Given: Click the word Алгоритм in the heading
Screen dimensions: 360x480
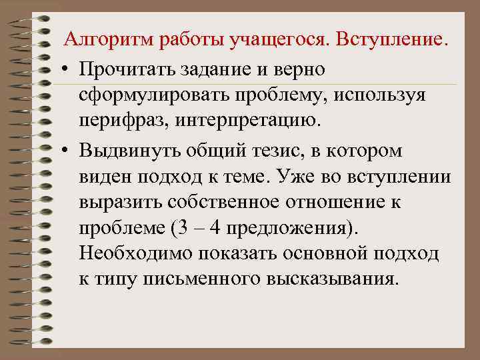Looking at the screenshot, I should coord(107,41).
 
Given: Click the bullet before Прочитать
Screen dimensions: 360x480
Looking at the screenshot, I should coord(69,69).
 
